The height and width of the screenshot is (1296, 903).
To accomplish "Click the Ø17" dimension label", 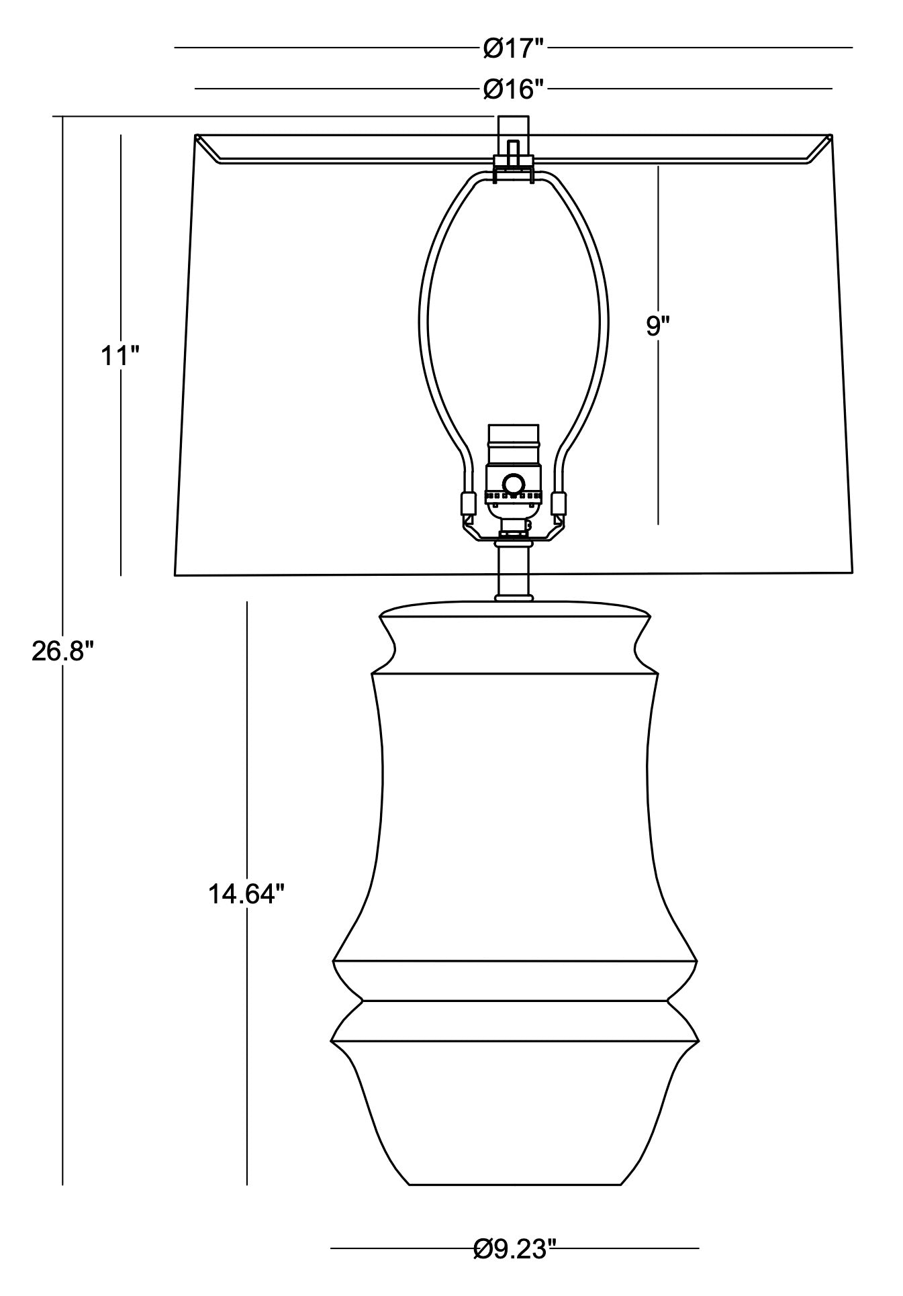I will coord(513,48).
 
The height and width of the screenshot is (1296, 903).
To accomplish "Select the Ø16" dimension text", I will coord(513,89).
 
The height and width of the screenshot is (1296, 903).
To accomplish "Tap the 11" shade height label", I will coord(120,356).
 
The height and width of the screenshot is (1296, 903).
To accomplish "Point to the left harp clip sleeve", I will coord(465,503).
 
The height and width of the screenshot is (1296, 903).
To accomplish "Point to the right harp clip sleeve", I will coord(557,503).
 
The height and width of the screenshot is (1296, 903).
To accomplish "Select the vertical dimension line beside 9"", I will coord(658,436).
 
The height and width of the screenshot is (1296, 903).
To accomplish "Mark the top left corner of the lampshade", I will coord(195,136).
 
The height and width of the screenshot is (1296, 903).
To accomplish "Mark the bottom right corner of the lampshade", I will coord(853,572).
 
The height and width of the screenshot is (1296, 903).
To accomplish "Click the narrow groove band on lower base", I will coord(515,1021).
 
